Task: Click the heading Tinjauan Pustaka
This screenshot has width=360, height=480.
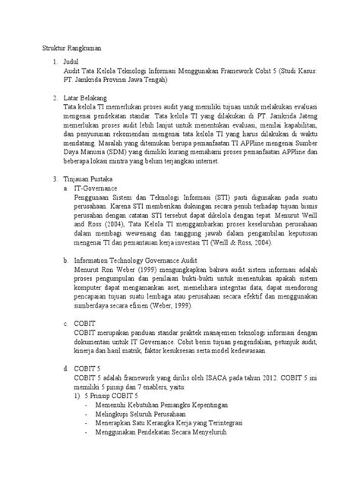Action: pos(88,178)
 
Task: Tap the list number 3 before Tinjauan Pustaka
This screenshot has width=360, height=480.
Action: pos(51,178)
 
